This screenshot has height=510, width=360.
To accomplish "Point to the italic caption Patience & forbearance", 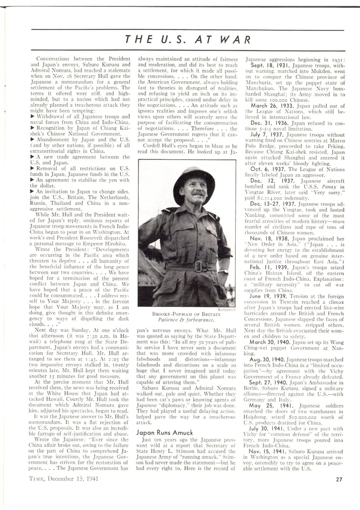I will (x=186, y=319).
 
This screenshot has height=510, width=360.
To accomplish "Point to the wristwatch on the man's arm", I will (x=225, y=272).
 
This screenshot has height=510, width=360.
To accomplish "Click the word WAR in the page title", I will (x=235, y=40).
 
